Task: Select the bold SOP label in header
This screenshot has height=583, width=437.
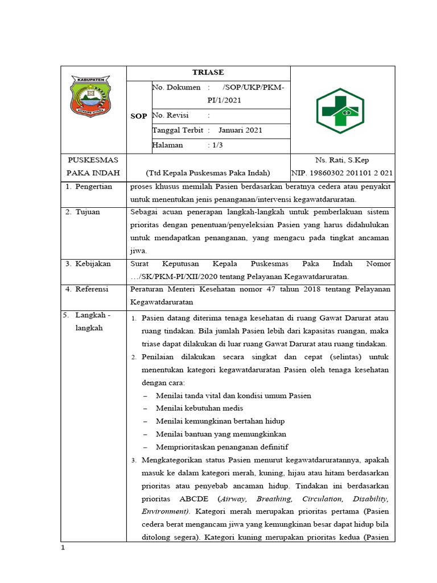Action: [138, 116]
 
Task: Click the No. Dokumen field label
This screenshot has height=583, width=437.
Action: [176, 87]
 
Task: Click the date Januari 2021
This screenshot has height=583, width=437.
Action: [240, 130]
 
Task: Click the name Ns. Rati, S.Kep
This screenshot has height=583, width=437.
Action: [342, 160]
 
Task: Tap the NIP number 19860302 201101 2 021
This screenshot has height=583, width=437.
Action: [342, 173]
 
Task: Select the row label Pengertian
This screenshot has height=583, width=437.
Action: [93, 187]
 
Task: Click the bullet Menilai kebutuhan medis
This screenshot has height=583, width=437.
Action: [195, 408]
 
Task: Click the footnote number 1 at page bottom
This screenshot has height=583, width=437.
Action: [64, 548]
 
